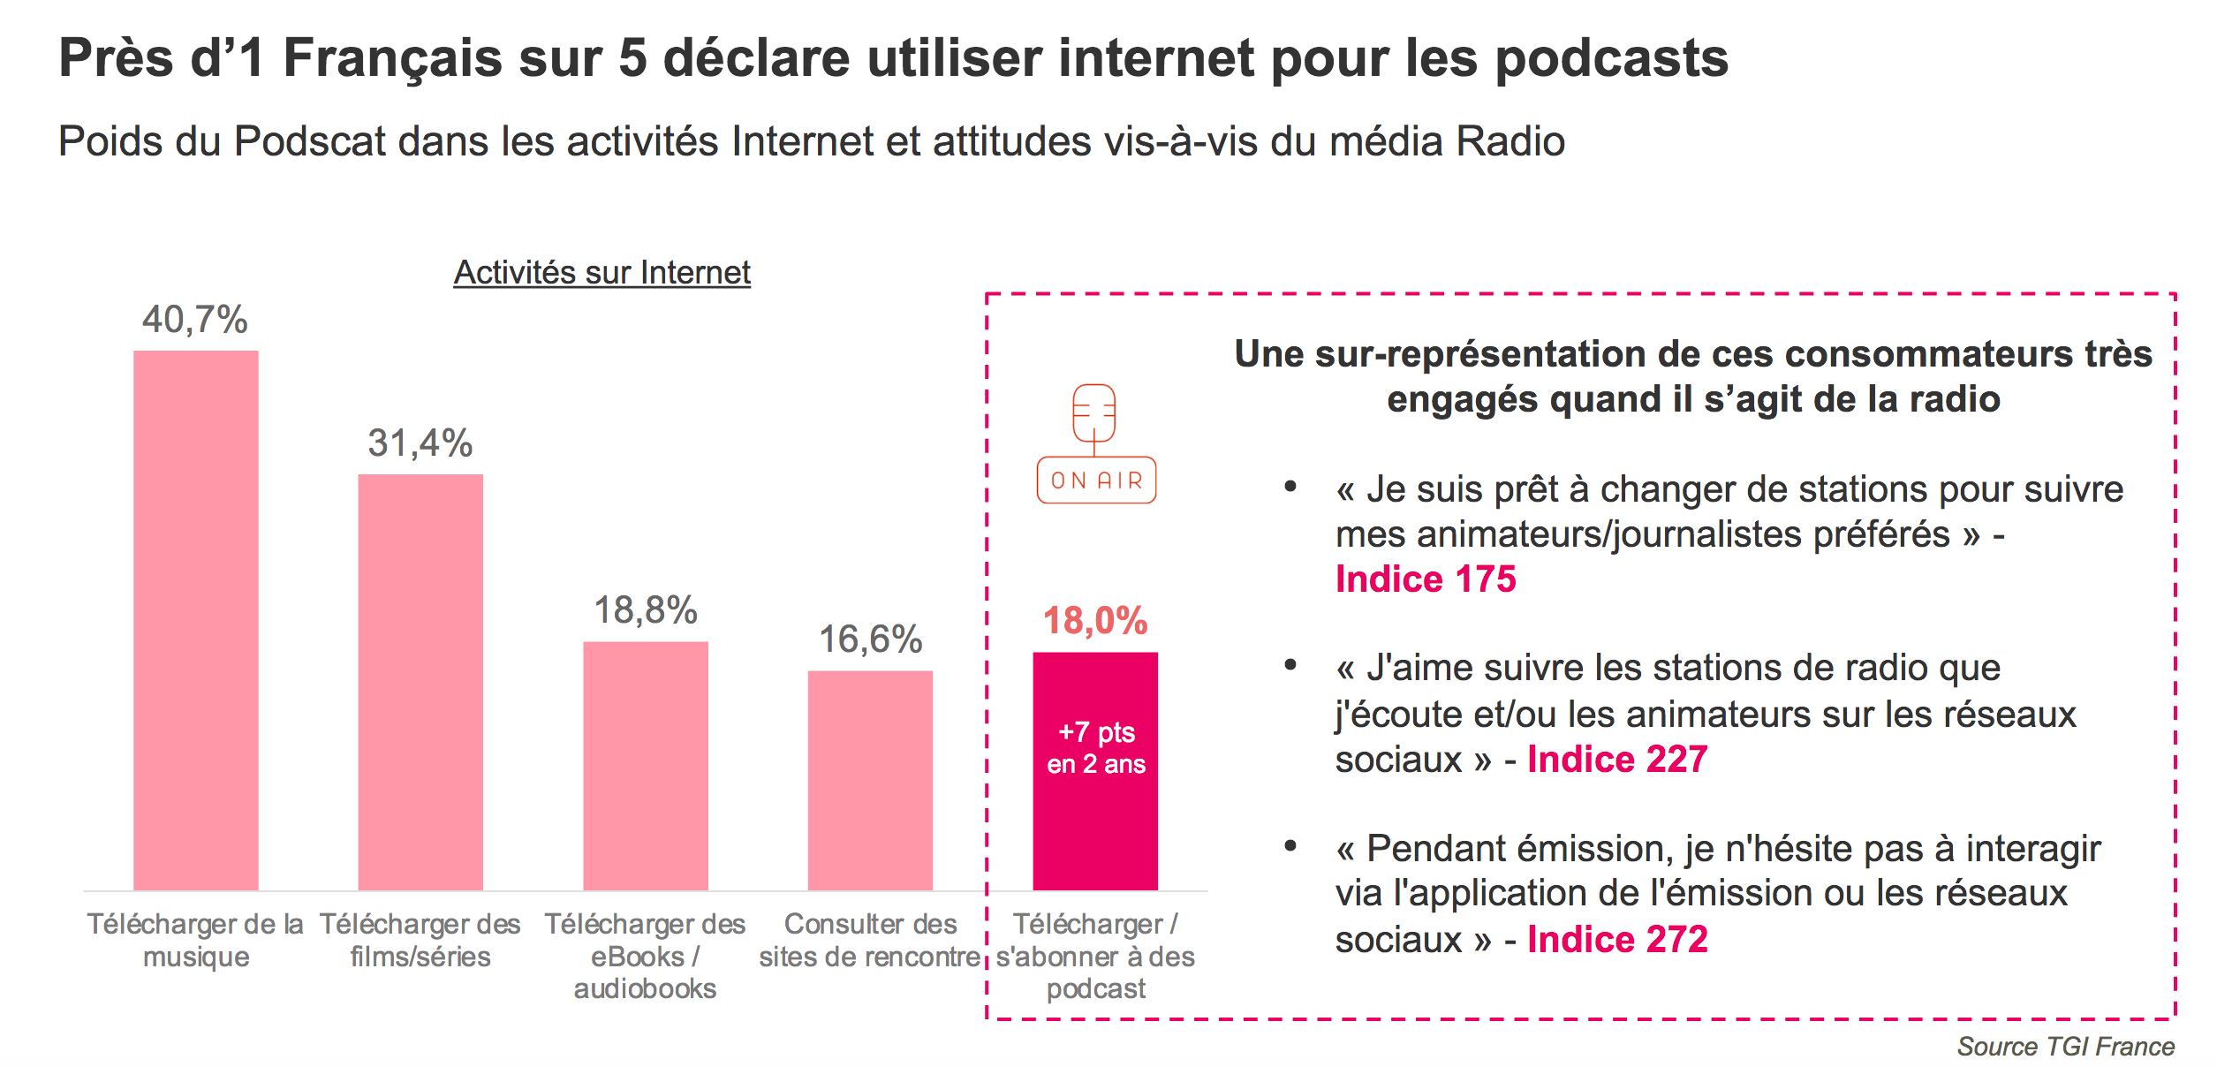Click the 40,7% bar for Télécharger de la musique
tap(195, 618)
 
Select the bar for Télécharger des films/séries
tap(420, 680)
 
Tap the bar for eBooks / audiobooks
tap(646, 764)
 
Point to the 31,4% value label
tap(420, 443)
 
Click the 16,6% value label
tap(870, 639)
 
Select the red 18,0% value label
tap(1095, 621)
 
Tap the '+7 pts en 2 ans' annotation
tap(1096, 748)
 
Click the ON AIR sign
tap(1096, 481)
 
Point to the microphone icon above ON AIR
tap(1094, 413)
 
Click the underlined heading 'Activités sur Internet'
tap(602, 273)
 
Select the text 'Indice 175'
tap(1426, 579)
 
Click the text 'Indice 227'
tap(1617, 760)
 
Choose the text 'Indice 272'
tap(1617, 940)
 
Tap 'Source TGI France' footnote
tap(2065, 1047)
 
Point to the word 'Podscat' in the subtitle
tap(310, 141)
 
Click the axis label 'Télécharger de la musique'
tap(195, 941)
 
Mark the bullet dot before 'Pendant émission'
tap(1290, 846)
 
